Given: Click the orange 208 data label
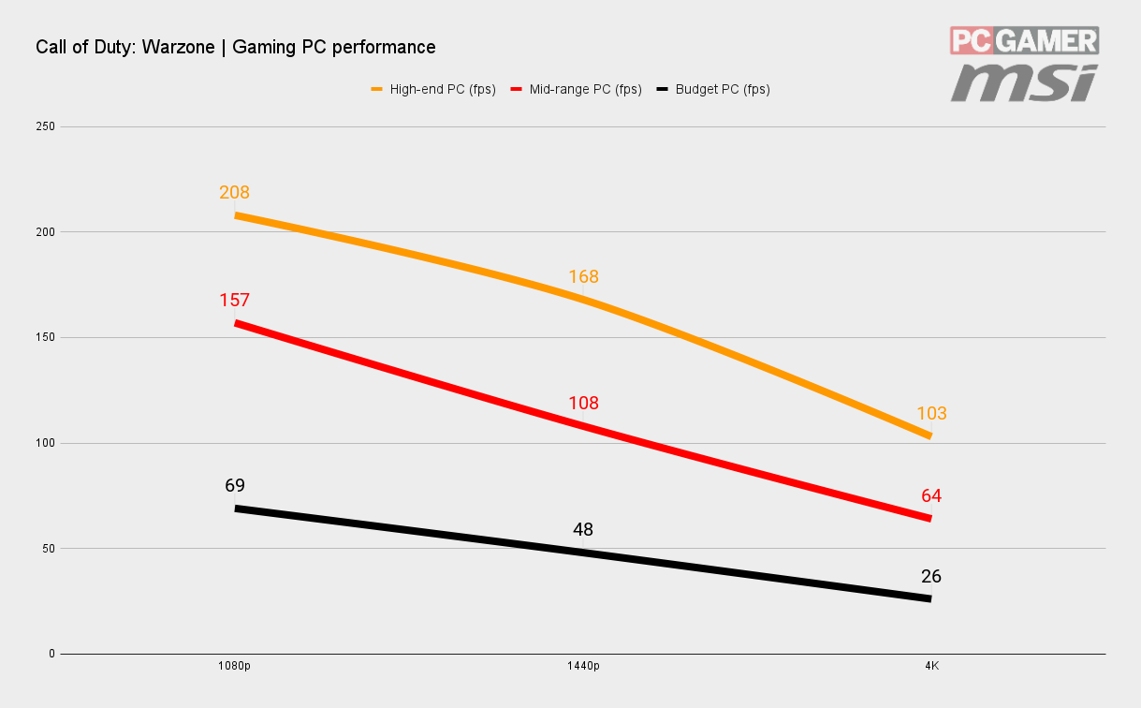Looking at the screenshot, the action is [x=234, y=192].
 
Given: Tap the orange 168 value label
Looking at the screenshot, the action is [x=583, y=277].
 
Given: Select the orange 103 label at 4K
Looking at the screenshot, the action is [x=931, y=413].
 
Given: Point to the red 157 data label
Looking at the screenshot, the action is [x=234, y=301].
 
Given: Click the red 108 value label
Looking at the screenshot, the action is [x=583, y=404].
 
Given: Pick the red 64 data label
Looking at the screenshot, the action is [x=931, y=496].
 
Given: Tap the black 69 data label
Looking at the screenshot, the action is [x=235, y=485].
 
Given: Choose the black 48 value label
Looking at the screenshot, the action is [x=583, y=530].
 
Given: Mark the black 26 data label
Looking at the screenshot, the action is [x=931, y=577].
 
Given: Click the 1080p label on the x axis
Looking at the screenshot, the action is [x=234, y=666].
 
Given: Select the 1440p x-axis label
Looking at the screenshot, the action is [x=583, y=666].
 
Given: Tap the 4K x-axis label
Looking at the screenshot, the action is [x=931, y=666].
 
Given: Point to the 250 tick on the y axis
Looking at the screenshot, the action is [x=45, y=126].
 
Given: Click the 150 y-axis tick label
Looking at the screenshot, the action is [x=45, y=337].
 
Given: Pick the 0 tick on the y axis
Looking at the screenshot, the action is [x=52, y=654].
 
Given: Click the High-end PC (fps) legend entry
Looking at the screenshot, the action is [x=433, y=89].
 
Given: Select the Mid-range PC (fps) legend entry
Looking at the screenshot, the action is [x=576, y=89].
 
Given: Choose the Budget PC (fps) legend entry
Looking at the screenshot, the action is [x=713, y=89].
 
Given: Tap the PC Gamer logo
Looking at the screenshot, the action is [x=1024, y=40].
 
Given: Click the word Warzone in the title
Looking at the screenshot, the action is [x=178, y=48].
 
